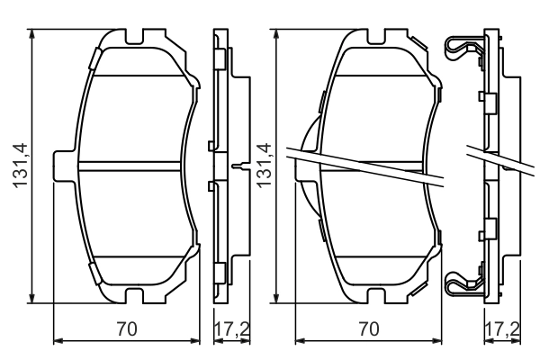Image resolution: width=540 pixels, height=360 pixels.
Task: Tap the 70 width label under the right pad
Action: tap(368, 329)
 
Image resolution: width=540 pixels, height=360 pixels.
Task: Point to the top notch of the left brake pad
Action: tap(138, 41)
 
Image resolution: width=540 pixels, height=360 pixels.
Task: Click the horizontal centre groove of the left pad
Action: tap(135, 165)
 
